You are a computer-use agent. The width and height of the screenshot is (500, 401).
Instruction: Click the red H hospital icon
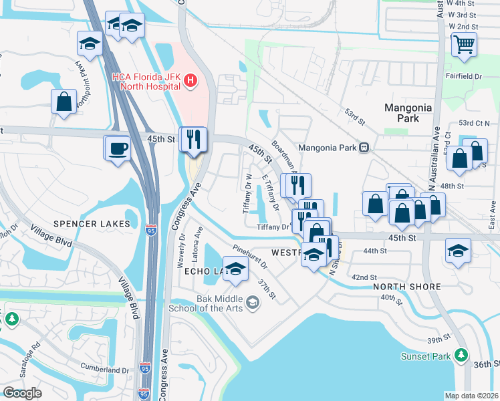[x=191, y=82]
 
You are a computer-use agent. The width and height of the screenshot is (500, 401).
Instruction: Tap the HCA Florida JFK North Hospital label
[x=146, y=82]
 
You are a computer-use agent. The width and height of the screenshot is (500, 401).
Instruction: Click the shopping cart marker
[x=463, y=45]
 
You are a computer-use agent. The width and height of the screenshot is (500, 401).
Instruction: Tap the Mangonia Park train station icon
[x=364, y=148]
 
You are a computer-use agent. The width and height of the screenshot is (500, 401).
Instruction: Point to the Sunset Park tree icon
[x=460, y=354]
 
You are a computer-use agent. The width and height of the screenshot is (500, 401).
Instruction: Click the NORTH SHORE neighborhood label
[x=406, y=287]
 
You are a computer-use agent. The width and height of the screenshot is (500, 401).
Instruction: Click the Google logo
[x=22, y=393]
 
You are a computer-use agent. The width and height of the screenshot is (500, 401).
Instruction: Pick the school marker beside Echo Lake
[x=235, y=269]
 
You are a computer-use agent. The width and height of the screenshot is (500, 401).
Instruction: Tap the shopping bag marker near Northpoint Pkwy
[x=64, y=102]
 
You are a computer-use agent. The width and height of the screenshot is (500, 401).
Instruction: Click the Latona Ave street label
[x=199, y=241]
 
